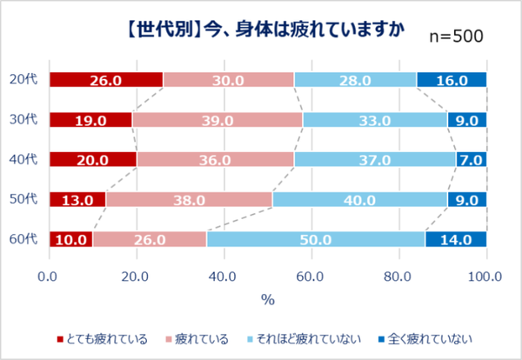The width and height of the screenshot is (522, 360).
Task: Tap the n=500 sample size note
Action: (x=457, y=36)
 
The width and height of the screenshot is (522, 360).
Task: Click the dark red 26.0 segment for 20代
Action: (x=105, y=80)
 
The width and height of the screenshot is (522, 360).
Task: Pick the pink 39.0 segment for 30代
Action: (x=217, y=120)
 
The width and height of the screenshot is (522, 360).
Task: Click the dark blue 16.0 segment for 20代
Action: (x=451, y=80)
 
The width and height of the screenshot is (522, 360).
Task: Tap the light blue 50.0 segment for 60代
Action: (x=314, y=238)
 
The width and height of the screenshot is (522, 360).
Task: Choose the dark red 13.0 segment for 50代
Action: (x=77, y=199)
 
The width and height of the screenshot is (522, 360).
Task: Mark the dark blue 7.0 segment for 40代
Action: (x=471, y=159)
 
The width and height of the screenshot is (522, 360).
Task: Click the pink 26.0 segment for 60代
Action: (x=149, y=238)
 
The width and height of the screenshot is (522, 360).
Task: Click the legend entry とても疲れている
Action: (x=102, y=337)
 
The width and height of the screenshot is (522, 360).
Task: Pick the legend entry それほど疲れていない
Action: (x=309, y=337)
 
